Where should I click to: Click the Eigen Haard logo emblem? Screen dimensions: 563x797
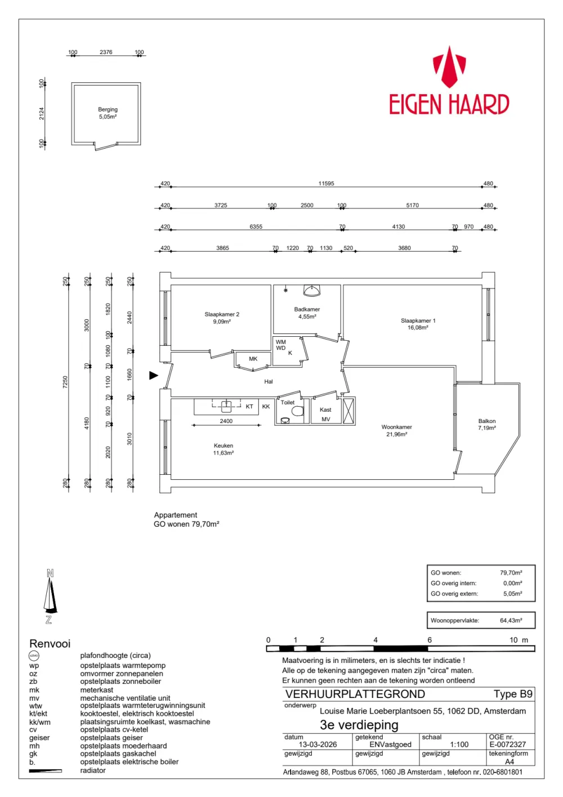(x=449, y=67)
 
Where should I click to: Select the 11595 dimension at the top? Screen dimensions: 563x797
(x=326, y=184)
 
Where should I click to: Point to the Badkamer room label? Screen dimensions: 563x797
(x=307, y=313)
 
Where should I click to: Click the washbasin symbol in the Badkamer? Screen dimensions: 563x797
(x=312, y=290)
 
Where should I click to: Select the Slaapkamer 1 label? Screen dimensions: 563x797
(x=418, y=324)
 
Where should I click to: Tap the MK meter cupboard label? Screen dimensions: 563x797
(x=253, y=359)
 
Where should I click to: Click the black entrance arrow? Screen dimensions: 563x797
(x=154, y=375)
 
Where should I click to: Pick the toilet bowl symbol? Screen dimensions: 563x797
(x=298, y=412)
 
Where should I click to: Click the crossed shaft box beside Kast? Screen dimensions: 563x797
(x=348, y=411)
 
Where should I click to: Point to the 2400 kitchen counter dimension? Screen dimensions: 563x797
(x=226, y=421)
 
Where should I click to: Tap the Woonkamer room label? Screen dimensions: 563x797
(x=396, y=430)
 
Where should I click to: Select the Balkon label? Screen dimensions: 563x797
(x=487, y=425)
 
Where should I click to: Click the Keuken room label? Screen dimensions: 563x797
(x=224, y=449)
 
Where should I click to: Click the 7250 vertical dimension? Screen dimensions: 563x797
(x=65, y=382)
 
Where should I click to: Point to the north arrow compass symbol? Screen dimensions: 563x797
(x=50, y=598)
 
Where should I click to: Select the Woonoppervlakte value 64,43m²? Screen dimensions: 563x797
(x=511, y=621)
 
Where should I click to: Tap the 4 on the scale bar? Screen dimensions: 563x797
(x=375, y=640)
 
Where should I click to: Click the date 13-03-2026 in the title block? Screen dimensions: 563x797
(x=318, y=745)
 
